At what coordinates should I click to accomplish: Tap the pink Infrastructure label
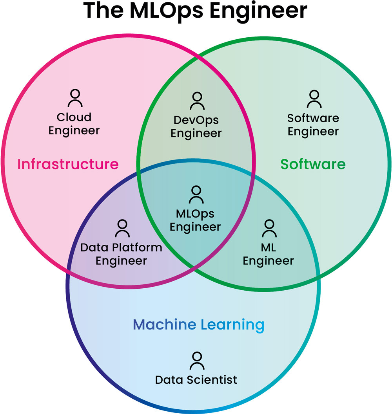click(x=68, y=164)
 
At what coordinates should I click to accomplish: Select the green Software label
click(x=313, y=164)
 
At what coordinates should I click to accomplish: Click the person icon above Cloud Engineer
click(x=75, y=98)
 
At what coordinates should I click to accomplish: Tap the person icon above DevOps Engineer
click(x=197, y=101)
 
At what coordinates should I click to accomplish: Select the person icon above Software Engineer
click(x=314, y=99)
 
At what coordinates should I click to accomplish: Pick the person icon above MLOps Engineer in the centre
click(x=196, y=194)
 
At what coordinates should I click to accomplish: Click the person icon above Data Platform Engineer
click(x=122, y=228)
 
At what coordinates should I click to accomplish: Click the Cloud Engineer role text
click(x=74, y=124)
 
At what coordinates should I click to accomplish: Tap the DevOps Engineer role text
click(x=196, y=126)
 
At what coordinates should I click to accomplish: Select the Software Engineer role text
click(x=313, y=125)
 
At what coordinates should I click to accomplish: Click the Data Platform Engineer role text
click(x=121, y=254)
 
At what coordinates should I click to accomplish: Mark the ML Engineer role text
click(x=269, y=254)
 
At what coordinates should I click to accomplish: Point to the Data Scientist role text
click(x=196, y=380)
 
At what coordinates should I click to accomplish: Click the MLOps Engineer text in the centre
click(x=195, y=220)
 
